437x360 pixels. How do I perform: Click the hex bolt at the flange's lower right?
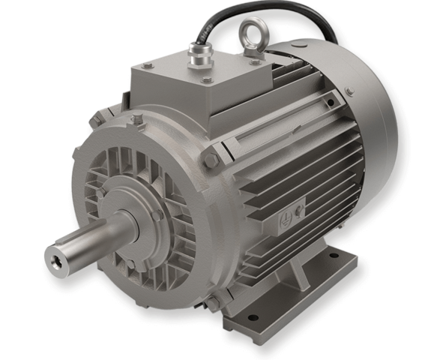[x=213, y=301]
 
